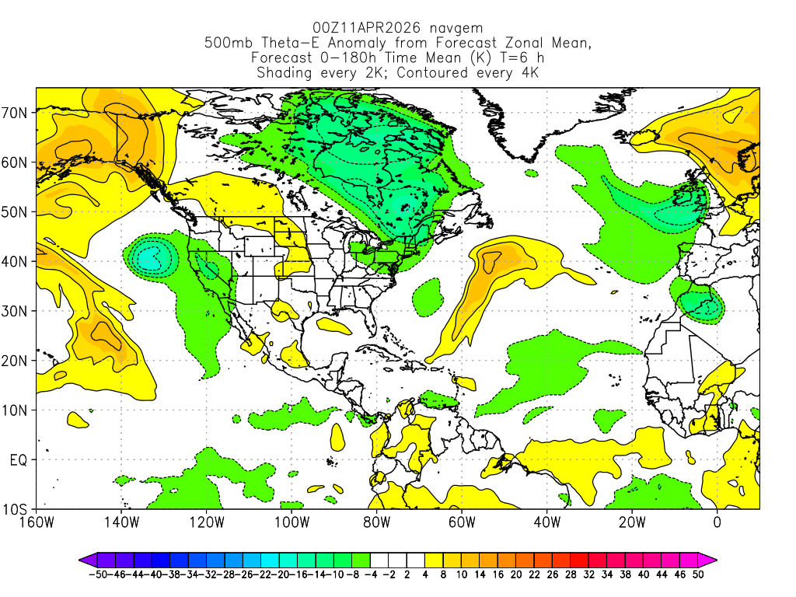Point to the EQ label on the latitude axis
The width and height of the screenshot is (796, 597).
point(19,459)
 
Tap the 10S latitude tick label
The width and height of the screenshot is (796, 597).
point(16,509)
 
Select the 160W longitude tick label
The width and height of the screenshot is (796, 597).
point(36,522)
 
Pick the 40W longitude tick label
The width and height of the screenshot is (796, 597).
point(546,522)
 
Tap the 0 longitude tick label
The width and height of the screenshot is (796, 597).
point(717,522)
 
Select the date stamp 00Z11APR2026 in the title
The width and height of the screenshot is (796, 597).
point(365,28)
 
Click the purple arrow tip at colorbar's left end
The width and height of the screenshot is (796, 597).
point(82,559)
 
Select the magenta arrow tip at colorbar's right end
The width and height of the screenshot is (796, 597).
point(712,559)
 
